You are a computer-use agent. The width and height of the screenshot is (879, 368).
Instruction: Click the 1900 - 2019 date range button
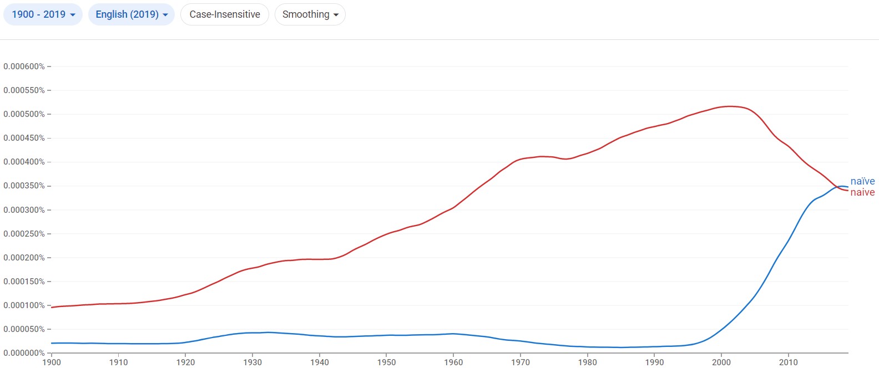pyautogui.click(x=43, y=14)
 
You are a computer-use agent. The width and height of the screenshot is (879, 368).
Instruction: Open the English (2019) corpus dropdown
pyautogui.click(x=132, y=14)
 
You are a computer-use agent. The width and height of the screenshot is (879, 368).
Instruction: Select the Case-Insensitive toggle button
pyautogui.click(x=225, y=14)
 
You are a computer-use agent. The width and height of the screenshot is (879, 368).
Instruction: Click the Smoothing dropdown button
pyautogui.click(x=310, y=14)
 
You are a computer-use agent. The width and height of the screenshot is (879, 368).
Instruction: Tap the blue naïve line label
pyautogui.click(x=862, y=181)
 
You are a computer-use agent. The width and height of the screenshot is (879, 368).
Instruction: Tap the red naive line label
pyautogui.click(x=862, y=192)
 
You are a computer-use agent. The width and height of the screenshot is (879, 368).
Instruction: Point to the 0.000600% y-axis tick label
pyautogui.click(x=24, y=67)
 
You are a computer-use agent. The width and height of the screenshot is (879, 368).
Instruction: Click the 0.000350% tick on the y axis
pyautogui.click(x=24, y=186)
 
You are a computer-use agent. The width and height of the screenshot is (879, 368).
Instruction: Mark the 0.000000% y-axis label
pyautogui.click(x=24, y=353)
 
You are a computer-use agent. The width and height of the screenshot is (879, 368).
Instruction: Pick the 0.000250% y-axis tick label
pyautogui.click(x=24, y=234)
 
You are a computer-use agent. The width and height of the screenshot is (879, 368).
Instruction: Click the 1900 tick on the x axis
pyautogui.click(x=52, y=362)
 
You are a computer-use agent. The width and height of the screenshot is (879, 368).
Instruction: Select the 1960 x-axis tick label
pyautogui.click(x=453, y=362)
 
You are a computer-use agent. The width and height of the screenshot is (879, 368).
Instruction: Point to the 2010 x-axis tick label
pyautogui.click(x=789, y=362)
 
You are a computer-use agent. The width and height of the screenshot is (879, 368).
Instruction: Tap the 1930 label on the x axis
pyautogui.click(x=252, y=362)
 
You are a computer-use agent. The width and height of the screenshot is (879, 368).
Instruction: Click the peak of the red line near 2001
pyautogui.click(x=730, y=106)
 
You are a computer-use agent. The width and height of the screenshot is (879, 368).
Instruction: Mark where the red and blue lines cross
pyautogui.click(x=836, y=187)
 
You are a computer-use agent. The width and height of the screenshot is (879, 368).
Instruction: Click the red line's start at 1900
pyautogui.click(x=52, y=306)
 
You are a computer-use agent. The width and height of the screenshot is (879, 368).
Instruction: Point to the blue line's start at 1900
pyautogui.click(x=52, y=343)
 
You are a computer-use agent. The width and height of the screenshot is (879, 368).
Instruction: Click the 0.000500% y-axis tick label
pyautogui.click(x=24, y=114)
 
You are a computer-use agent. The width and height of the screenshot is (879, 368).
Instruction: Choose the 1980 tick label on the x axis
pyautogui.click(x=588, y=362)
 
